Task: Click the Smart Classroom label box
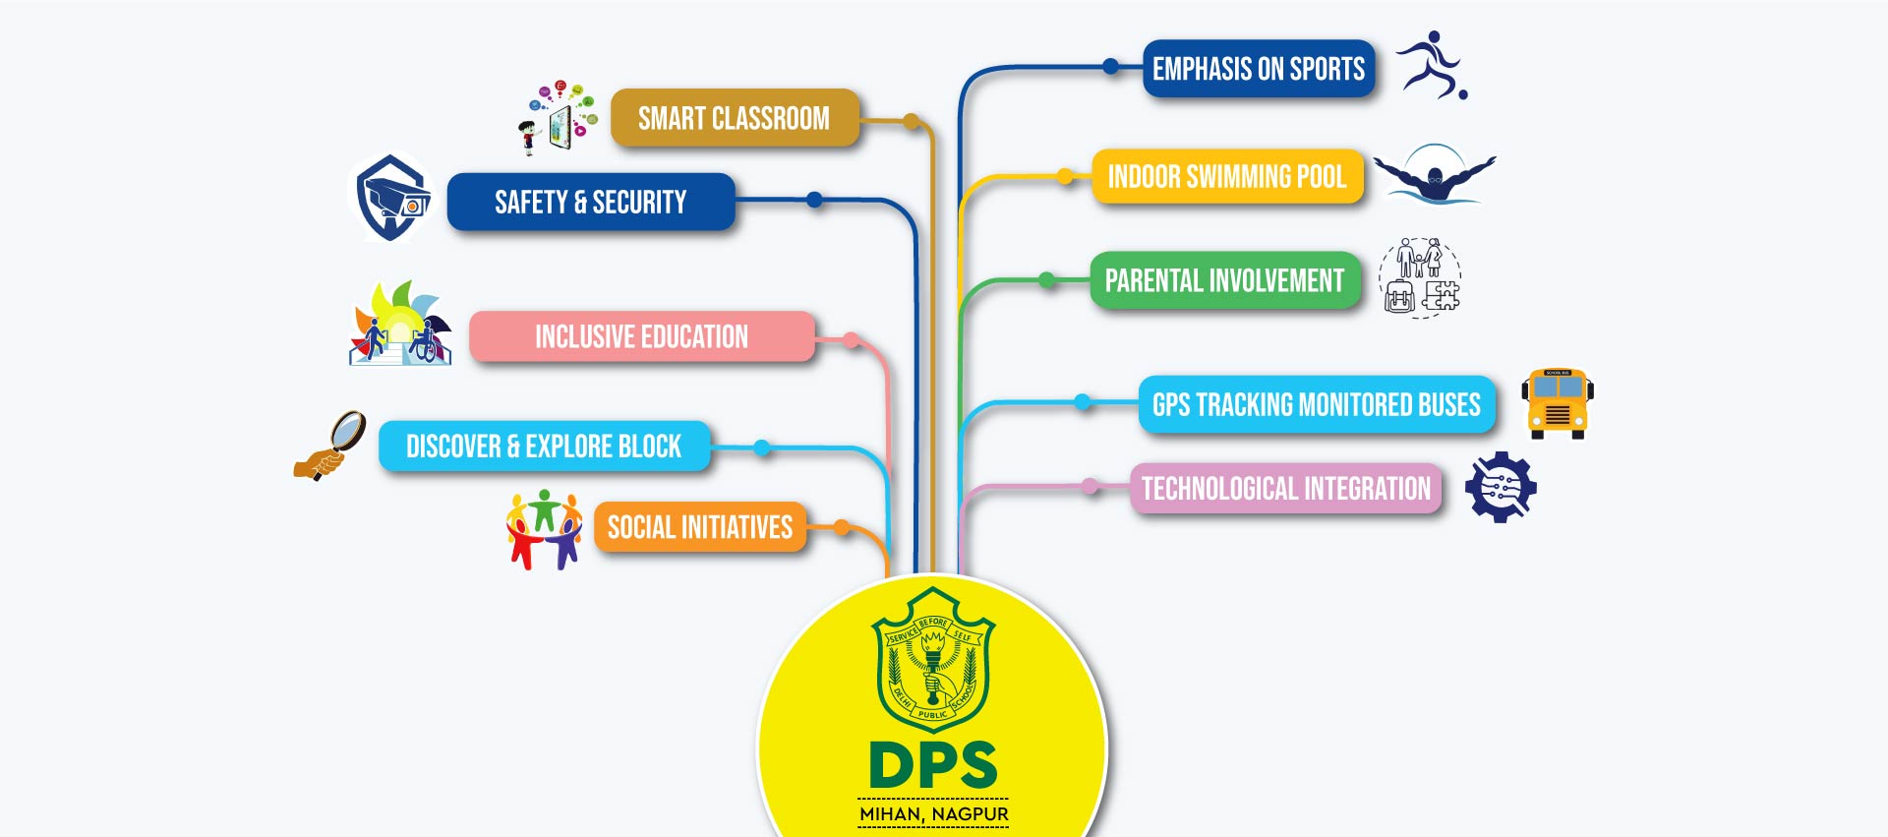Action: click(735, 118)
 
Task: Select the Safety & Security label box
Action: click(590, 202)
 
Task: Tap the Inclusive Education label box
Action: click(641, 336)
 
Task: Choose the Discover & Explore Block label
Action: click(544, 447)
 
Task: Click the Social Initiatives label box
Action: click(699, 527)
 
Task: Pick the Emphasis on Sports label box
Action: click(1258, 69)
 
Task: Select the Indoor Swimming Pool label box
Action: click(1226, 177)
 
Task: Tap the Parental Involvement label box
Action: click(1224, 280)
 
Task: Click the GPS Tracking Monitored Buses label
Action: click(1316, 404)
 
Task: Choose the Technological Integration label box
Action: click(1285, 488)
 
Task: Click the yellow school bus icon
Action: click(1557, 403)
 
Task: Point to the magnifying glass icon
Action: click(331, 446)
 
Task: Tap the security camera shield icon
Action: click(392, 198)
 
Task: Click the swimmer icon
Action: click(1435, 175)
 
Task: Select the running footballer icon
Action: click(1433, 65)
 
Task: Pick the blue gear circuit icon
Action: click(1501, 487)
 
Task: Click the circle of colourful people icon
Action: click(544, 529)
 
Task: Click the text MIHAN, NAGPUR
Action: click(933, 814)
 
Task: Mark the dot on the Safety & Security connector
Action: click(814, 200)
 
